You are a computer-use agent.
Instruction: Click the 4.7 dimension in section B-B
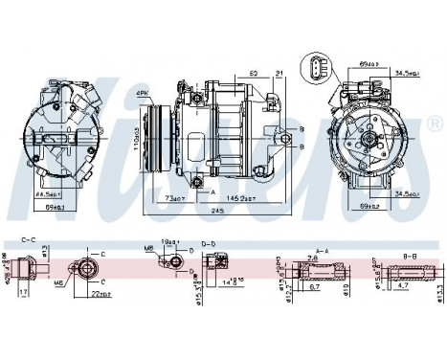point(404,284)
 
